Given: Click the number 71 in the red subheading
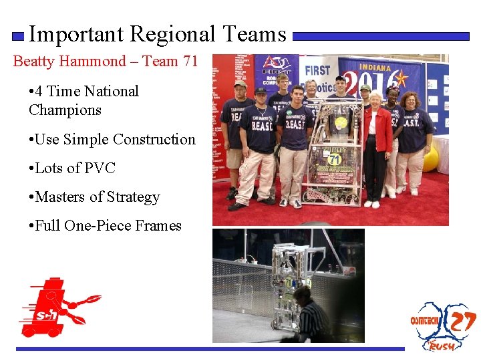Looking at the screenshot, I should click(x=189, y=62).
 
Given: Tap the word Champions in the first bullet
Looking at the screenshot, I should click(x=65, y=110).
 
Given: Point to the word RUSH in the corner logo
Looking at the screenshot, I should click(x=442, y=346).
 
